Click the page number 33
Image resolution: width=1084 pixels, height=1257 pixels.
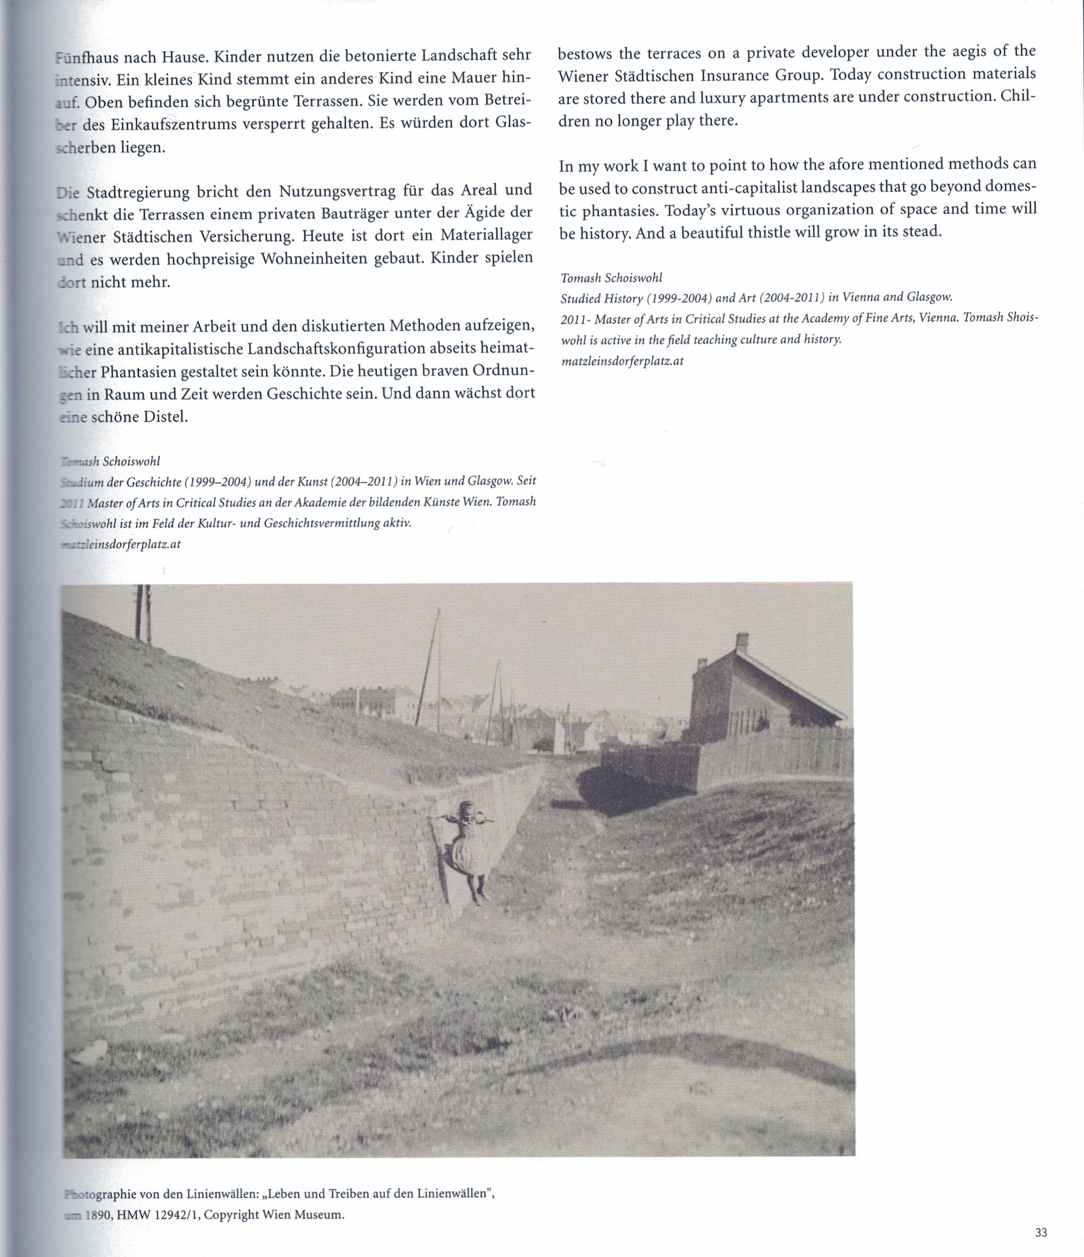[1041, 1232]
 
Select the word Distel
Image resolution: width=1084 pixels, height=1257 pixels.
[165, 418]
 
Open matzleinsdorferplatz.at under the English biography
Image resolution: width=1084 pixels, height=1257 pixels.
[622, 361]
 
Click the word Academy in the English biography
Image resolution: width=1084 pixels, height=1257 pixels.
[822, 319]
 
